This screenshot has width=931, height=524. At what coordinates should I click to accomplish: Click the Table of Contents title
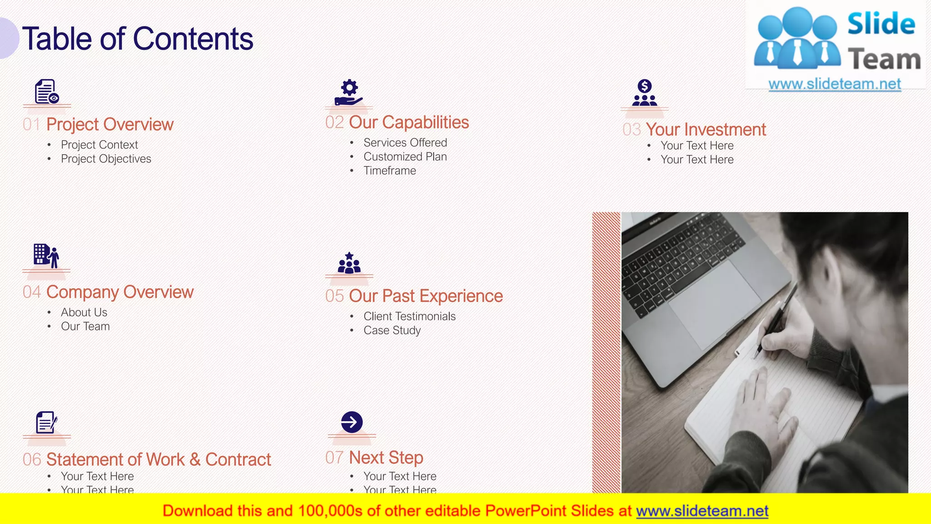pyautogui.click(x=137, y=39)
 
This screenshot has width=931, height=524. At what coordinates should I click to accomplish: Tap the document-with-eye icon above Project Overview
pyautogui.click(x=47, y=92)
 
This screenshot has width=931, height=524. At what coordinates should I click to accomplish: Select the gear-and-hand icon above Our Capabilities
pyautogui.click(x=349, y=93)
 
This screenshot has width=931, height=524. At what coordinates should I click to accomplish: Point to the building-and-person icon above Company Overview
pyautogui.click(x=46, y=256)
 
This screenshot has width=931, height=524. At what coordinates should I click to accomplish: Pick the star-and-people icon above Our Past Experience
pyautogui.click(x=349, y=263)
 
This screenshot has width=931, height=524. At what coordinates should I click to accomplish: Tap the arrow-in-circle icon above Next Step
pyautogui.click(x=352, y=422)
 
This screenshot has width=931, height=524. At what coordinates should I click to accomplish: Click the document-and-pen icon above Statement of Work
pyautogui.click(x=46, y=423)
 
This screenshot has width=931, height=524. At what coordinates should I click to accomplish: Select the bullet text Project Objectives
pyautogui.click(x=106, y=159)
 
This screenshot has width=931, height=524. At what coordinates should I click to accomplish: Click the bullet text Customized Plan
pyautogui.click(x=405, y=156)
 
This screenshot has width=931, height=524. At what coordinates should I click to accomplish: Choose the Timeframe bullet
pyautogui.click(x=390, y=171)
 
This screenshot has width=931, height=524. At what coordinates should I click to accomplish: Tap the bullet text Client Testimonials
pyautogui.click(x=409, y=316)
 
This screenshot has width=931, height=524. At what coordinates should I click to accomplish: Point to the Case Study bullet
pyautogui.click(x=392, y=330)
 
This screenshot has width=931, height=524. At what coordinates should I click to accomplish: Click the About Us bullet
pyautogui.click(x=84, y=312)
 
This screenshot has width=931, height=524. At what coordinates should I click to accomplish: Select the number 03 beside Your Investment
pyautogui.click(x=631, y=130)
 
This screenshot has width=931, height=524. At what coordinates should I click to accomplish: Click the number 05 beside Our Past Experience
pyautogui.click(x=335, y=296)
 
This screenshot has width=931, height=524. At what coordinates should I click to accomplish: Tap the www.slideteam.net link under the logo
pyautogui.click(x=835, y=84)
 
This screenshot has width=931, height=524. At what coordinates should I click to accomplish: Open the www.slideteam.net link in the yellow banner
pyautogui.click(x=702, y=511)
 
